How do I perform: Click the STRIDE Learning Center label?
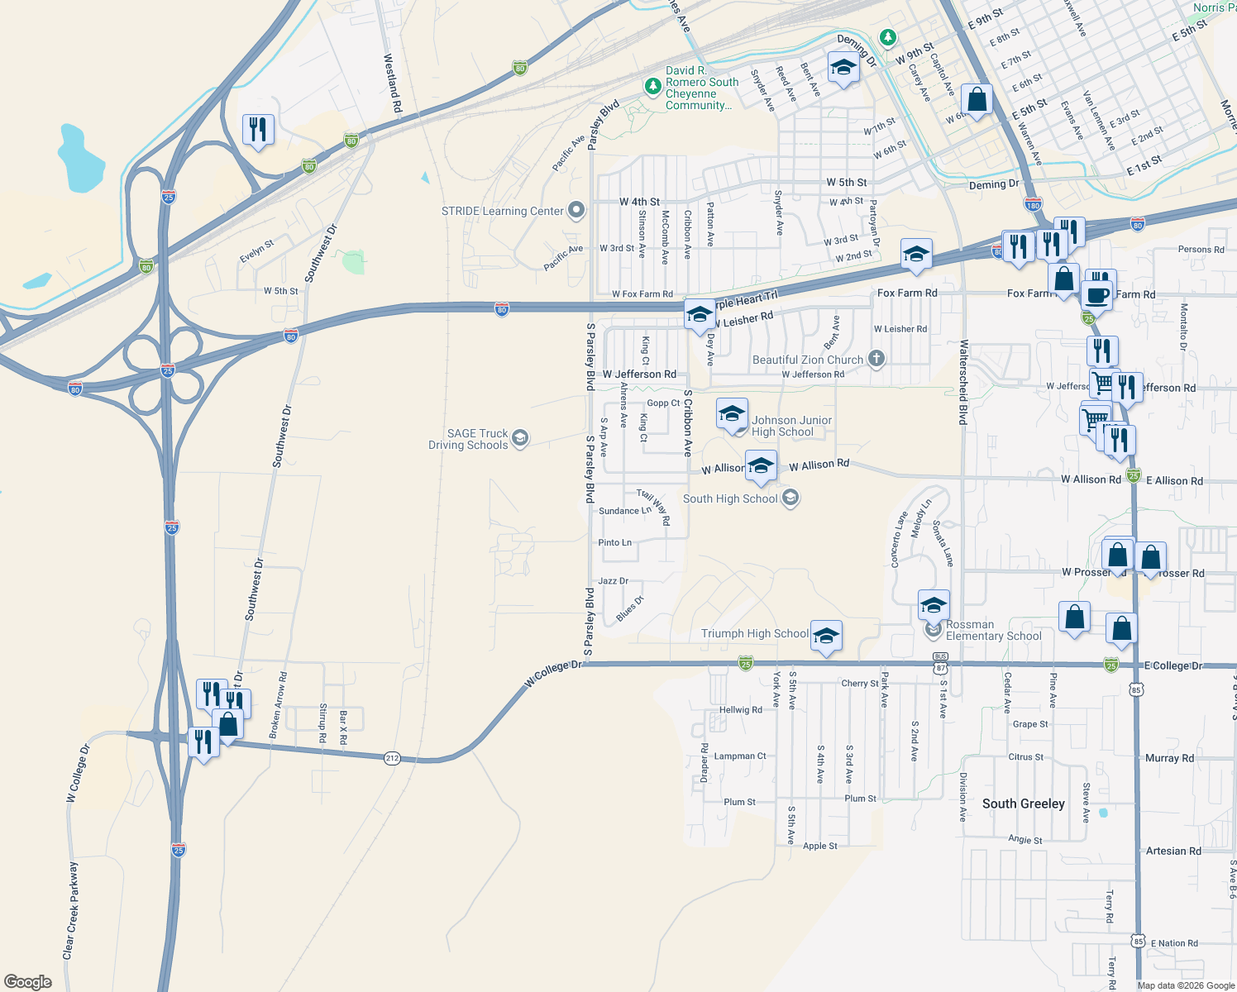[x=502, y=211]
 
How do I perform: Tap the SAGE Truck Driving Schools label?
[x=468, y=439]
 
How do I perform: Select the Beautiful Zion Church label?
[x=807, y=360]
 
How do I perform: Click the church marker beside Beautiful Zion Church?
[x=876, y=359]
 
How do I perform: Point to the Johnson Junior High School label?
[x=791, y=426]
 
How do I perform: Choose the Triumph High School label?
[x=754, y=633]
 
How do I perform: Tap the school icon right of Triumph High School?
[x=826, y=637]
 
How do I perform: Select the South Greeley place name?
[x=1023, y=804]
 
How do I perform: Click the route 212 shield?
[x=392, y=758]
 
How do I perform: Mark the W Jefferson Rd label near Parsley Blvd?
[x=639, y=374]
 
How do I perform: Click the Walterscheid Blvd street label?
[x=963, y=382]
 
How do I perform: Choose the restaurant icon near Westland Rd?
[x=259, y=130]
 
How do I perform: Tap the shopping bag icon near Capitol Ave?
[x=977, y=100]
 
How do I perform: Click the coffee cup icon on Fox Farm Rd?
[x=1097, y=294]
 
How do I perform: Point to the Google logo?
[x=28, y=981]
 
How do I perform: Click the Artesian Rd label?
[x=1173, y=851]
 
